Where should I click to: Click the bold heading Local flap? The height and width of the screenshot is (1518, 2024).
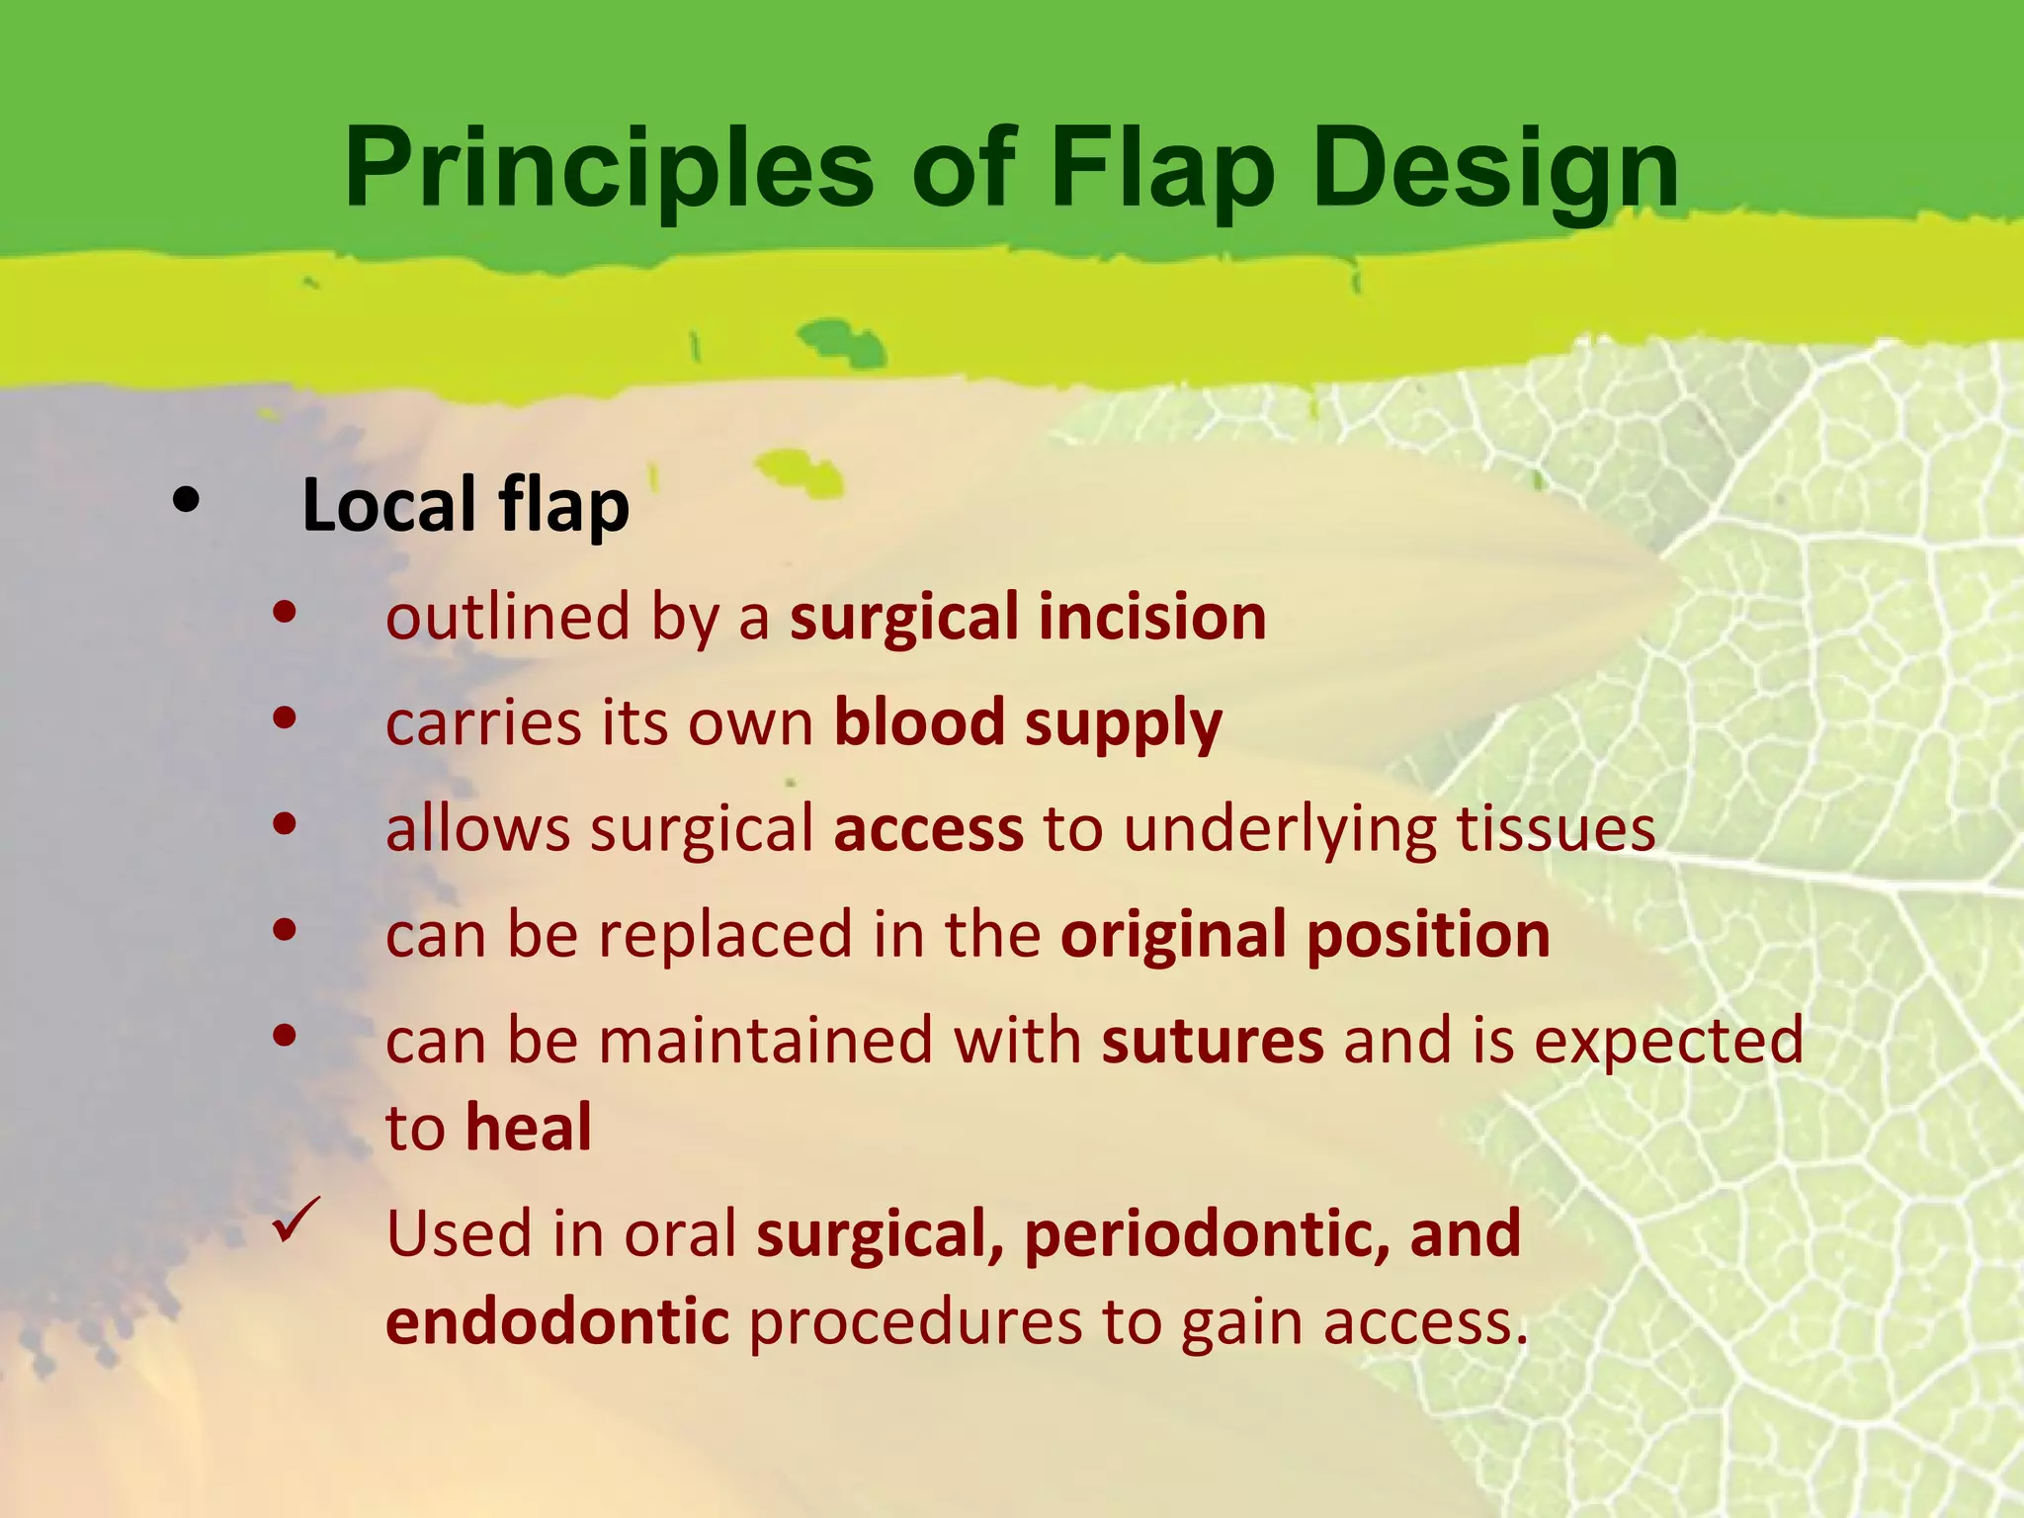click(464, 505)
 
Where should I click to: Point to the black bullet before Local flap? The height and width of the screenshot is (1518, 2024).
click(185, 501)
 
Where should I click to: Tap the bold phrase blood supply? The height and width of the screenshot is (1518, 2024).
click(1028, 723)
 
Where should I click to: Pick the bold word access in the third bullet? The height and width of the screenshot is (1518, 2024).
click(928, 829)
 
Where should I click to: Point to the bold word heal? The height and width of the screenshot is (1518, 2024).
click(529, 1128)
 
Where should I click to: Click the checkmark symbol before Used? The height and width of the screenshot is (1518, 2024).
click(295, 1222)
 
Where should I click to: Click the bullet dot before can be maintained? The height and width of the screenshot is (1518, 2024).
click(285, 1036)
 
